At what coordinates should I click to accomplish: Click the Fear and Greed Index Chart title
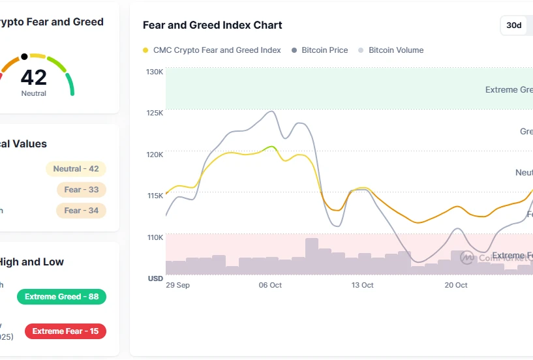point(212,25)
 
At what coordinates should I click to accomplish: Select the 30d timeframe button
point(514,25)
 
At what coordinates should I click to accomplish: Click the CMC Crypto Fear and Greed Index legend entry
point(212,50)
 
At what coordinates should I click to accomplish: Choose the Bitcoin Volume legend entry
point(391,50)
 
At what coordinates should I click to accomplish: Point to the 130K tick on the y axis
point(155,72)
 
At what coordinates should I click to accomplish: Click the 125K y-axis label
point(155,113)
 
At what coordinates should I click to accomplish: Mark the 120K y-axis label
point(155,155)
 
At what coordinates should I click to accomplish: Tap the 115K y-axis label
point(155,196)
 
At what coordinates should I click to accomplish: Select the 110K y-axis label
point(155,237)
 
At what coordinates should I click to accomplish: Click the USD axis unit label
point(155,278)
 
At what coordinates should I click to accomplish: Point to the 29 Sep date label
point(177,285)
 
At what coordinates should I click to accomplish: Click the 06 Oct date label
point(270,285)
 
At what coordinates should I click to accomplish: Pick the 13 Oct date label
point(362,285)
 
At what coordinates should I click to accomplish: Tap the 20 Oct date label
point(456,285)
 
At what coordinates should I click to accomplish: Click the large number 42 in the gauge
point(34,78)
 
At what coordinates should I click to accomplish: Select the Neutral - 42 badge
point(76,169)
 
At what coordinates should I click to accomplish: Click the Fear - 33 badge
point(81,190)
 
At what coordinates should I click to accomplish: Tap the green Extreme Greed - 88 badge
point(61,297)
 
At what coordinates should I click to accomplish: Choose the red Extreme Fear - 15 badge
point(65,331)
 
